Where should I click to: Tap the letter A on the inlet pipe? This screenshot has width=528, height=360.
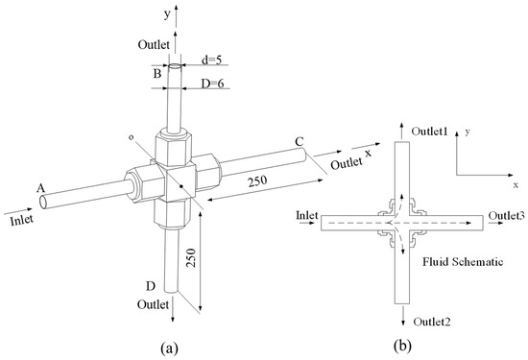[x=40, y=187]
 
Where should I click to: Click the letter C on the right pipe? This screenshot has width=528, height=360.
[x=300, y=142]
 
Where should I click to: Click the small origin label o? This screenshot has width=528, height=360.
[x=135, y=136]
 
